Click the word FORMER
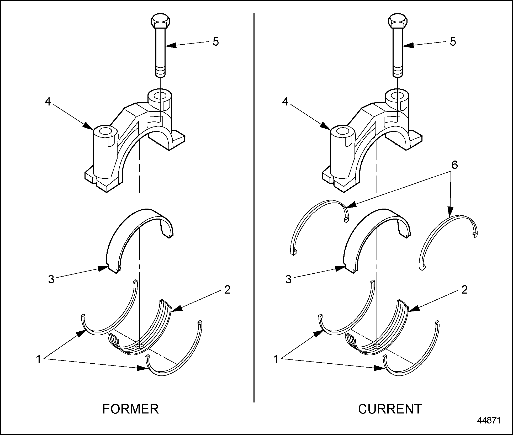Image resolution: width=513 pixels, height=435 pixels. [x=130, y=409]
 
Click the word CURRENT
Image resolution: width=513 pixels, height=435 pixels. [x=390, y=409]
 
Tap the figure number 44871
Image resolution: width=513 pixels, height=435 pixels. [x=489, y=420]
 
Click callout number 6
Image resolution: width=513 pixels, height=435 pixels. [x=454, y=165]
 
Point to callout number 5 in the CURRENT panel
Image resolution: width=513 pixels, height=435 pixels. [x=453, y=42]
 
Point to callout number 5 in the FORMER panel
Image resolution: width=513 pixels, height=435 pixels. [x=216, y=42]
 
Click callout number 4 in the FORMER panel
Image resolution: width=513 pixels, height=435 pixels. [x=47, y=101]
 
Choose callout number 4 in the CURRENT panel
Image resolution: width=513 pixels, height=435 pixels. [x=285, y=101]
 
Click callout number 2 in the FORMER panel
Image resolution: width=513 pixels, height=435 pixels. [x=227, y=290]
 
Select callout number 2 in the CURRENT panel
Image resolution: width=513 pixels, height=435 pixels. [x=464, y=290]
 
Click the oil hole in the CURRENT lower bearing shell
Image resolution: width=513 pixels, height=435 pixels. [x=377, y=347]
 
